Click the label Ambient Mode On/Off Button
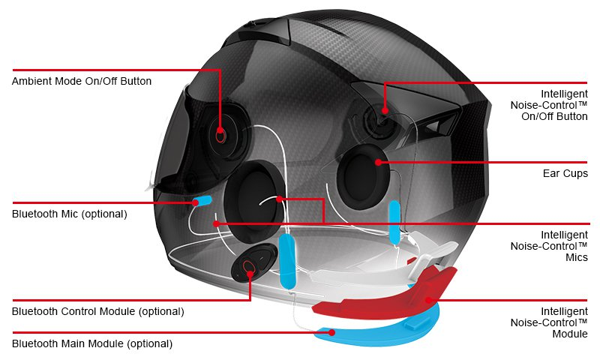pyautogui.click(x=82, y=81)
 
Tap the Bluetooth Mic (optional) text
pyautogui.click(x=69, y=214)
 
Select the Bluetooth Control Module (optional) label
pyautogui.click(x=98, y=311)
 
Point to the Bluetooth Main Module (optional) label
pyautogui.click(x=92, y=343)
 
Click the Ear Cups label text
pyautogui.click(x=565, y=173)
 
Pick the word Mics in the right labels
pyautogui.click(x=577, y=257)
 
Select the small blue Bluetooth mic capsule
pyautogui.click(x=202, y=201)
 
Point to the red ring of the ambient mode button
pyautogui.click(x=220, y=135)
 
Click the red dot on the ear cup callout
pyautogui.click(x=378, y=162)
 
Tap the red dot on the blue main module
pyautogui.click(x=332, y=332)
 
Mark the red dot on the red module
pyautogui.click(x=428, y=300)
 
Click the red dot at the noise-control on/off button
pyautogui.click(x=385, y=110)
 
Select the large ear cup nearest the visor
pyautogui.click(x=254, y=202)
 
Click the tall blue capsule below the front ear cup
pyautogui.click(x=287, y=262)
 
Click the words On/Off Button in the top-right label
pyautogui.click(x=554, y=116)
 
